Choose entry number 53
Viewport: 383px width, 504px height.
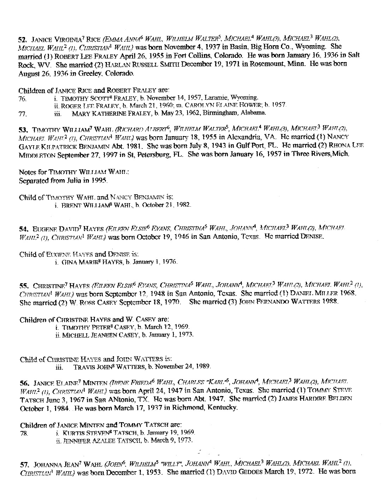click(x=22, y=129)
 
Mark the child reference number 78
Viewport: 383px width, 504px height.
click(x=23, y=433)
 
